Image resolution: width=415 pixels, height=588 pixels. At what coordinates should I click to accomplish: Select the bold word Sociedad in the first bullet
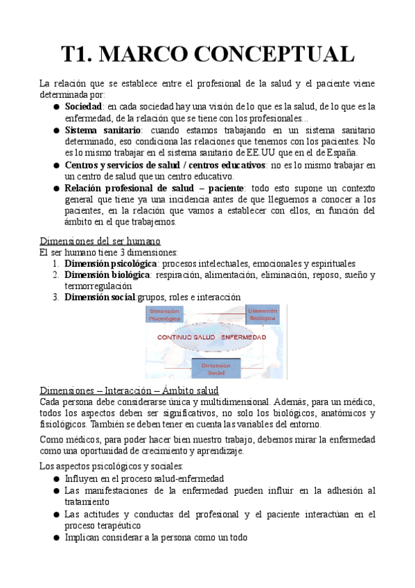pyautogui.click(x=82, y=107)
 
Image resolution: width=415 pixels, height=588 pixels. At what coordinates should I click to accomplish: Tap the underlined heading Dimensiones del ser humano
pyautogui.click(x=100, y=241)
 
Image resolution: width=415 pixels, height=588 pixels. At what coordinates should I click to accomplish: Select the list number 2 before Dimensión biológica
pyautogui.click(x=56, y=275)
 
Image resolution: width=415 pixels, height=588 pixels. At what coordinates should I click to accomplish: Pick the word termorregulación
pyautogui.click(x=98, y=286)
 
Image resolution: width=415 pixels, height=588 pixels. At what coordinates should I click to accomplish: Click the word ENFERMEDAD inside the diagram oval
pyautogui.click(x=243, y=336)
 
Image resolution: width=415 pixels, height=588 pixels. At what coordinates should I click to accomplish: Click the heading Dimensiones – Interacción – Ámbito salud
pyautogui.click(x=129, y=390)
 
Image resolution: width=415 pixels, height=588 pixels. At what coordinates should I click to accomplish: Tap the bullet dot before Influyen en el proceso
pyautogui.click(x=56, y=479)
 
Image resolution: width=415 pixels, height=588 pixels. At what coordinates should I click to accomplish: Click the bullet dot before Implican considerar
pyautogui.click(x=56, y=537)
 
